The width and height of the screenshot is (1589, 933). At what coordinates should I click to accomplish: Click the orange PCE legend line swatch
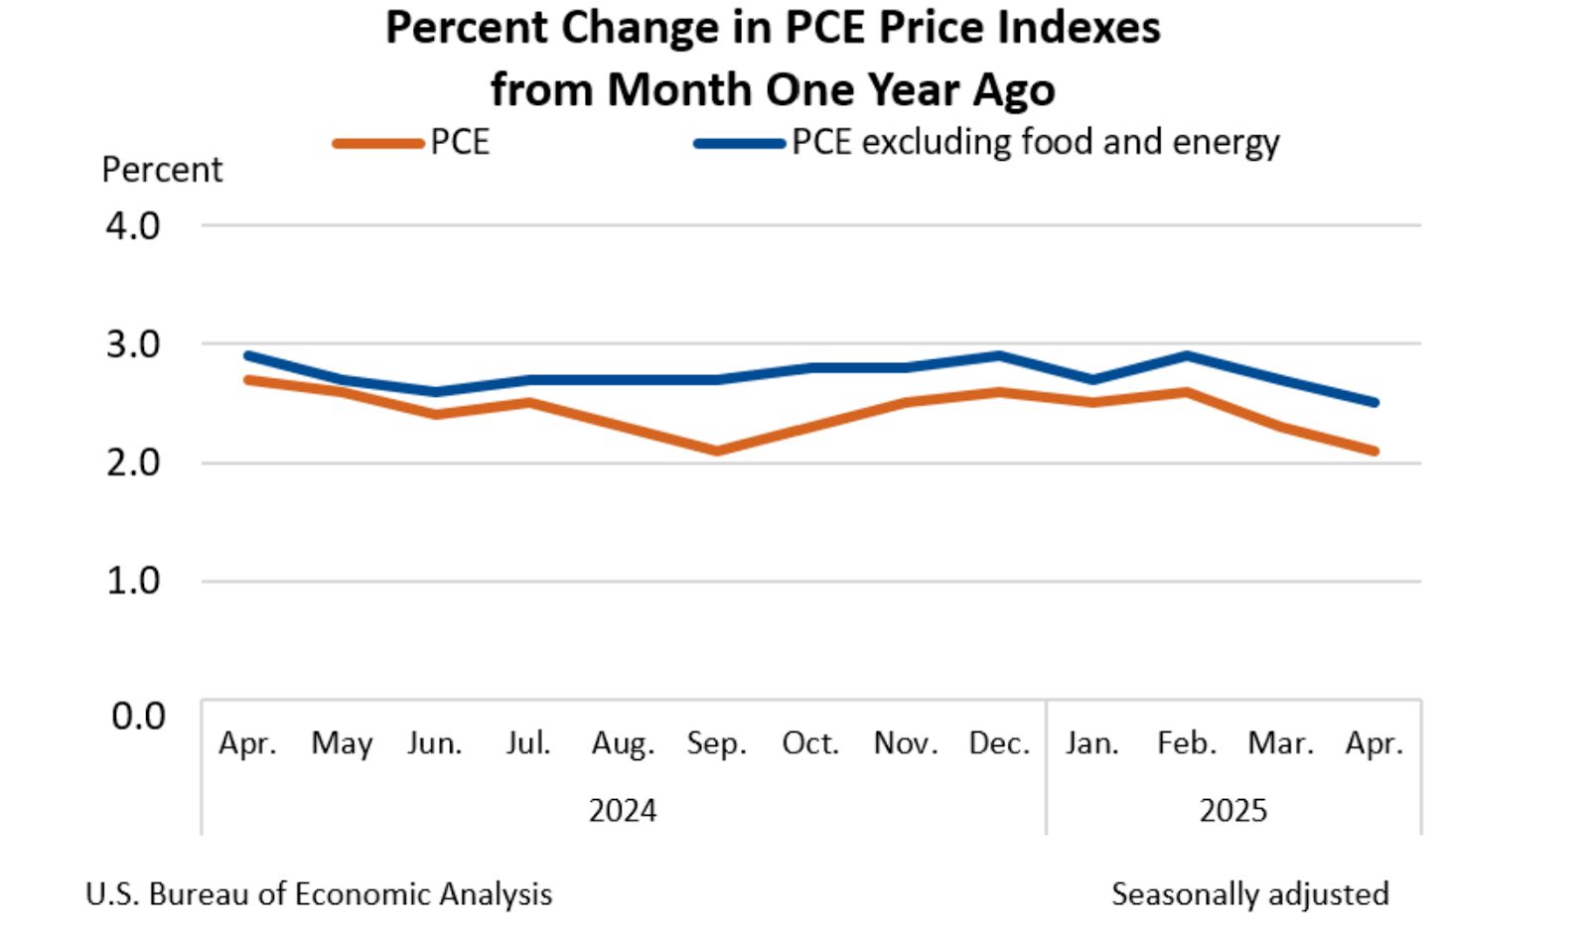tap(378, 143)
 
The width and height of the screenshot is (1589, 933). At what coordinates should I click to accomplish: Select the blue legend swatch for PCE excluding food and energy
tap(739, 143)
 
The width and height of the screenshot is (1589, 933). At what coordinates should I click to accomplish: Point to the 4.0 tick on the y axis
tap(133, 226)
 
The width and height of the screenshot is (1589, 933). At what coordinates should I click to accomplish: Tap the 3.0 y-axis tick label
tap(133, 345)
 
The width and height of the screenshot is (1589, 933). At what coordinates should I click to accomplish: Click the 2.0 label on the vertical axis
tap(133, 463)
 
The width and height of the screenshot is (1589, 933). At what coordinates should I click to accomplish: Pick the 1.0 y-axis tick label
tap(133, 581)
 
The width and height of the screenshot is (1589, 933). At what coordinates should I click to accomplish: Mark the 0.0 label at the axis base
tap(137, 716)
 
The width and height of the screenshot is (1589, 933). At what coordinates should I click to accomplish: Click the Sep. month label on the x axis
tap(716, 743)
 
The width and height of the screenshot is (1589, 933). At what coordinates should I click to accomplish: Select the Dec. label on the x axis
tap(999, 743)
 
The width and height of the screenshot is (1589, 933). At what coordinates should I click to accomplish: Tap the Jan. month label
tap(1092, 743)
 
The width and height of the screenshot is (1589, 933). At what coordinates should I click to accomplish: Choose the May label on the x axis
tap(342, 743)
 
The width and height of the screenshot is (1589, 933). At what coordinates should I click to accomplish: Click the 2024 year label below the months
tap(623, 811)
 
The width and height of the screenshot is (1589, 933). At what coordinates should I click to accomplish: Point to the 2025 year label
tap(1232, 811)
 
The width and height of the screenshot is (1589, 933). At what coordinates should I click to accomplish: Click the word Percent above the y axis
tap(162, 170)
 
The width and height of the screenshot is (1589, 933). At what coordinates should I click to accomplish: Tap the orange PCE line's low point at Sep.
tap(716, 451)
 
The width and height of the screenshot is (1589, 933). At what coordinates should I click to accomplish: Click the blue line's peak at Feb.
tap(1187, 355)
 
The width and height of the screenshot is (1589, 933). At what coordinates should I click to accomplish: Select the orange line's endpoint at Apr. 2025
tap(1374, 451)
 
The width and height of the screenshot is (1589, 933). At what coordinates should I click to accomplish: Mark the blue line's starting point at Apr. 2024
tap(247, 355)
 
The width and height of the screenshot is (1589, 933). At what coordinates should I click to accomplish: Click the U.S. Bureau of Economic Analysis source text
tap(319, 894)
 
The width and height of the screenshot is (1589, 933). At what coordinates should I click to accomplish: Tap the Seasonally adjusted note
tap(1249, 894)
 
